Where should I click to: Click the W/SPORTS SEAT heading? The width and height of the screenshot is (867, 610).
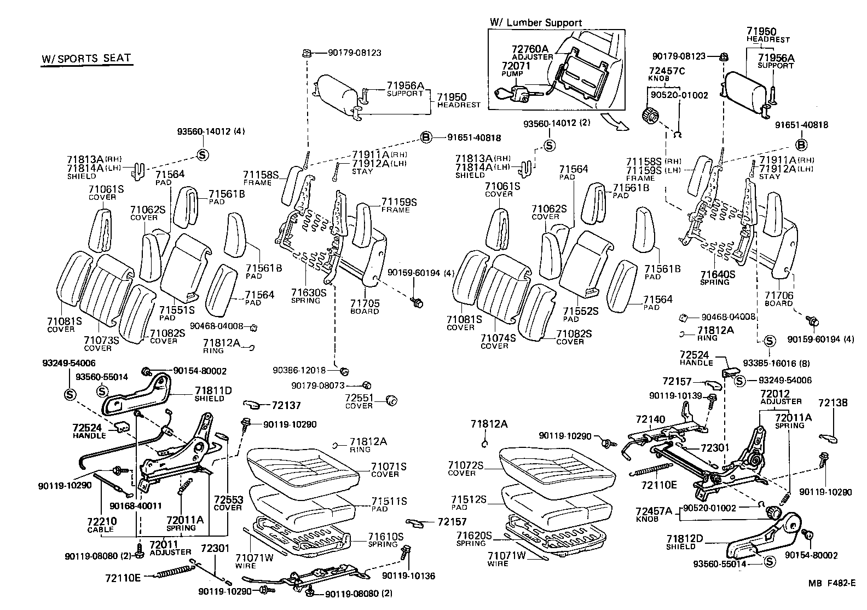coord(86,59)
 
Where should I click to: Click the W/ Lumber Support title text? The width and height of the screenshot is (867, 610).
coord(536,23)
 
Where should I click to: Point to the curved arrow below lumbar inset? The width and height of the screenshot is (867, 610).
coord(615,122)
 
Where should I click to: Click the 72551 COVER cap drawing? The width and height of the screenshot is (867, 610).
coord(391,400)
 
